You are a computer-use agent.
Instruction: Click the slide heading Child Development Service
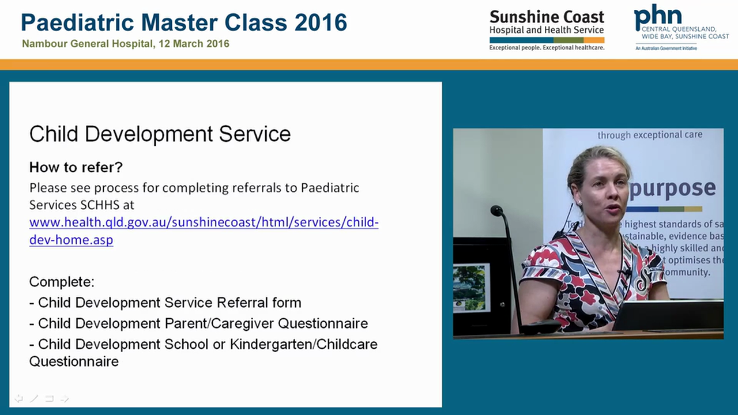coord(160,134)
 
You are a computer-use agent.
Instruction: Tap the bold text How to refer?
coord(76,167)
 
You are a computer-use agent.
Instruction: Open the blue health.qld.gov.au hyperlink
coord(204,223)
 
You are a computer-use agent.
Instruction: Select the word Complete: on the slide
coord(62,282)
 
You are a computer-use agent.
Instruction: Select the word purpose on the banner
coord(672,189)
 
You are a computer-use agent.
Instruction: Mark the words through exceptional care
coord(650,135)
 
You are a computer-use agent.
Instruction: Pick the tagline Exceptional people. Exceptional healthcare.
coord(547,48)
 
